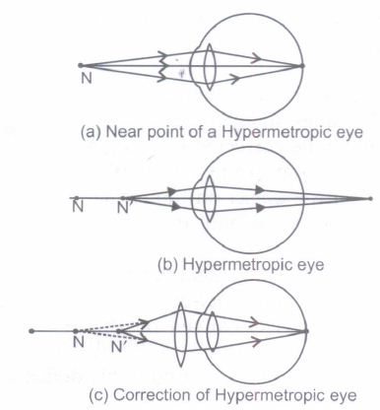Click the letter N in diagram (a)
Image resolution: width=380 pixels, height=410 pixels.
[x=87, y=78]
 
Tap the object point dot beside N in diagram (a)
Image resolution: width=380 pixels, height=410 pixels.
[x=81, y=65]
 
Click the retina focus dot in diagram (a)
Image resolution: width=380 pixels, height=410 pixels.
[x=302, y=66]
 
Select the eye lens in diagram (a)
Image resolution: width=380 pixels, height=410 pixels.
[x=210, y=66]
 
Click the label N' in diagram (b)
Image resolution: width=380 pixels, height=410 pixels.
[x=124, y=208]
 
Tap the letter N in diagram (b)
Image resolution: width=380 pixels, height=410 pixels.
[x=78, y=207]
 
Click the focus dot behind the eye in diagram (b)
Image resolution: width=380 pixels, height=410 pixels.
[x=370, y=198]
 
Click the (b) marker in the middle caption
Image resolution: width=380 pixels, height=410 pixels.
[x=167, y=265]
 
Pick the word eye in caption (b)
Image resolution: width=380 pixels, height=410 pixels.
[x=310, y=266]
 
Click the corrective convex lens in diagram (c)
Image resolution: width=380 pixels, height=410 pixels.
[x=180, y=334]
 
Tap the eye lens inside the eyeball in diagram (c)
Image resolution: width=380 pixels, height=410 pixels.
[x=213, y=331]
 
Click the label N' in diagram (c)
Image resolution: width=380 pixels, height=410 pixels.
[x=117, y=347]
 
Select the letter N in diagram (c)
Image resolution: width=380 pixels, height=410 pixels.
[x=79, y=342]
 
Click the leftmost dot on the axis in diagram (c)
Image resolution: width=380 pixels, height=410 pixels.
[x=32, y=331]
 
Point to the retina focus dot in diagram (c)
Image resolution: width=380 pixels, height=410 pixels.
[x=306, y=331]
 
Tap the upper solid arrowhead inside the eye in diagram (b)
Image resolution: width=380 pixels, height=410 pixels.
[x=260, y=189]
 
